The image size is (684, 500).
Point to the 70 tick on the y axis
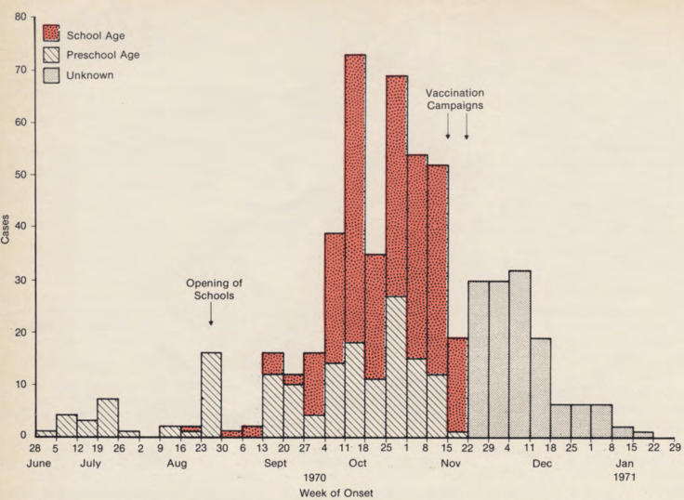pos(26,71)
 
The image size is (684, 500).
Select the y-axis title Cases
pos(8,228)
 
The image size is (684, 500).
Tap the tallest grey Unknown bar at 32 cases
pos(520,353)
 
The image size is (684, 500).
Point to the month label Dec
pos(542,463)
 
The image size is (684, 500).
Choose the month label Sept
pos(274,463)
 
